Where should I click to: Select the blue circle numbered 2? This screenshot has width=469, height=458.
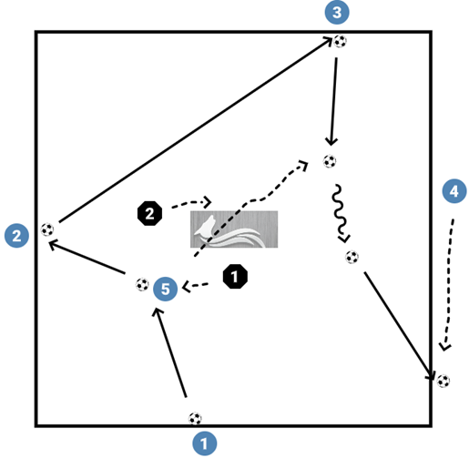[15, 236]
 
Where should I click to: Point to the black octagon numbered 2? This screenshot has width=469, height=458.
[148, 213]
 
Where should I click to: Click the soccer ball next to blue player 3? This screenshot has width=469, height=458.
[341, 41]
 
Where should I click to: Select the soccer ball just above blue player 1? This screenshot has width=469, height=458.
[195, 419]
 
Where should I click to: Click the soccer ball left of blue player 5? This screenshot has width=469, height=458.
[141, 284]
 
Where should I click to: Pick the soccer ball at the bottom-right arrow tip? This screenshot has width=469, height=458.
[443, 381]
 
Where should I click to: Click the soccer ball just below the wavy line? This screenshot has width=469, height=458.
[352, 257]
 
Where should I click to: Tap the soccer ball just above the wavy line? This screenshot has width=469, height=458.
[330, 161]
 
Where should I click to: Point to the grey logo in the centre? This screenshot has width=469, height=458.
[233, 230]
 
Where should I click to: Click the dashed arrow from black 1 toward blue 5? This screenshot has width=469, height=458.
[202, 286]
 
